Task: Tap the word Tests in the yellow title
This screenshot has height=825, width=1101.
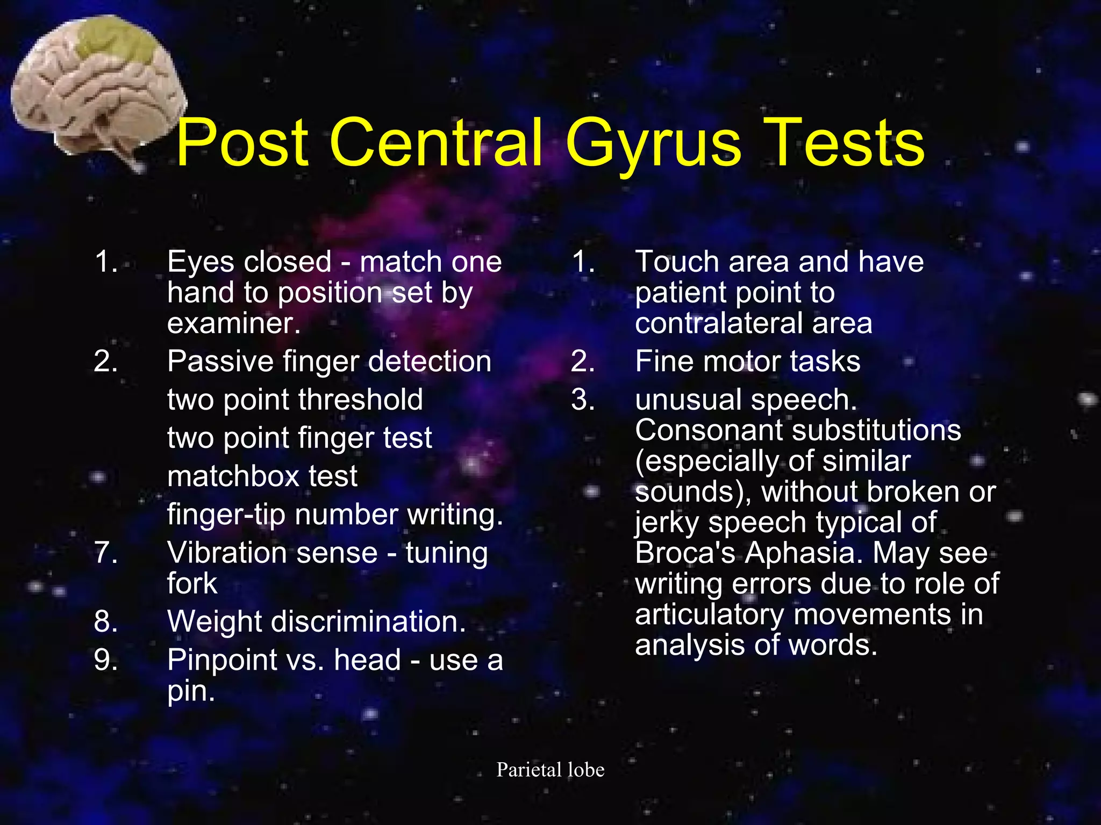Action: pyautogui.click(x=844, y=142)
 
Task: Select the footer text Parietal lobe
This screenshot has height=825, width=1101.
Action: pyautogui.click(x=550, y=770)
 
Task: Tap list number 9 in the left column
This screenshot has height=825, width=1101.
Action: pyautogui.click(x=105, y=660)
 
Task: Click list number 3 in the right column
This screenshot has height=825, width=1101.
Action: pyautogui.click(x=583, y=400)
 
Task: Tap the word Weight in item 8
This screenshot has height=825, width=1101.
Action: pyautogui.click(x=215, y=621)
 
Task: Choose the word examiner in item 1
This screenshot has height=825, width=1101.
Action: pyautogui.click(x=233, y=323)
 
